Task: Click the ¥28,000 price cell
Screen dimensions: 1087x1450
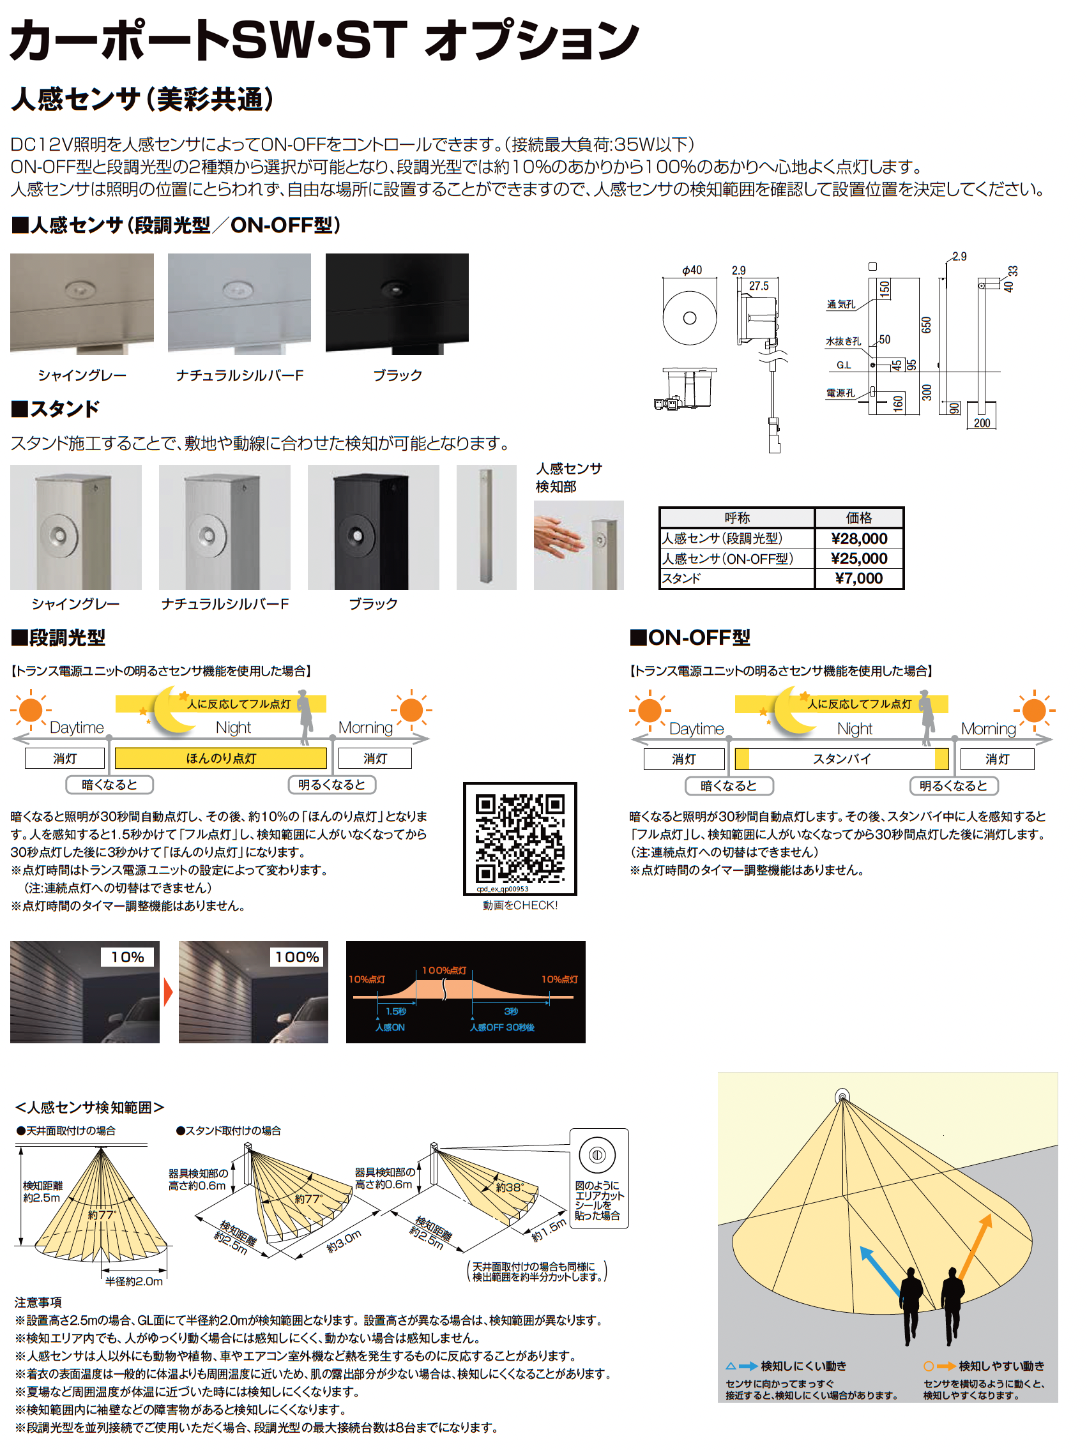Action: point(859,538)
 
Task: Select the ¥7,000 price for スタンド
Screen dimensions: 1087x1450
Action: point(859,578)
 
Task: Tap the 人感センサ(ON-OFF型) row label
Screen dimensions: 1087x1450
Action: point(727,559)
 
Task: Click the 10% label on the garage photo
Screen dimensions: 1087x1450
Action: point(128,957)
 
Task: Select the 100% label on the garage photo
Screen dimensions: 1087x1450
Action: point(297,957)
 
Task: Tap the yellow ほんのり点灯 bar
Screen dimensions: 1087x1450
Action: point(221,758)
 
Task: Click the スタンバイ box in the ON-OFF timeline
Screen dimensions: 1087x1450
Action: point(842,759)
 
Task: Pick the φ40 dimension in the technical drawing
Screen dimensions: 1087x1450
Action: point(692,270)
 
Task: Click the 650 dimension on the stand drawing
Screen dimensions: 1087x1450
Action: point(925,325)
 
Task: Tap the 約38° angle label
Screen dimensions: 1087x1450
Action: point(508,1187)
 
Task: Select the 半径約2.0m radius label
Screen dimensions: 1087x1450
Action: point(134,1281)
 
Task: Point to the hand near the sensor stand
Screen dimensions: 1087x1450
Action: point(558,535)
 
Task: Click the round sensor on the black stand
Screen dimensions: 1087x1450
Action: point(358,536)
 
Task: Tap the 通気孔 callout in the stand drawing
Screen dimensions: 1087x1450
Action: point(840,304)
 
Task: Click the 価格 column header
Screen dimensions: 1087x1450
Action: point(859,518)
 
